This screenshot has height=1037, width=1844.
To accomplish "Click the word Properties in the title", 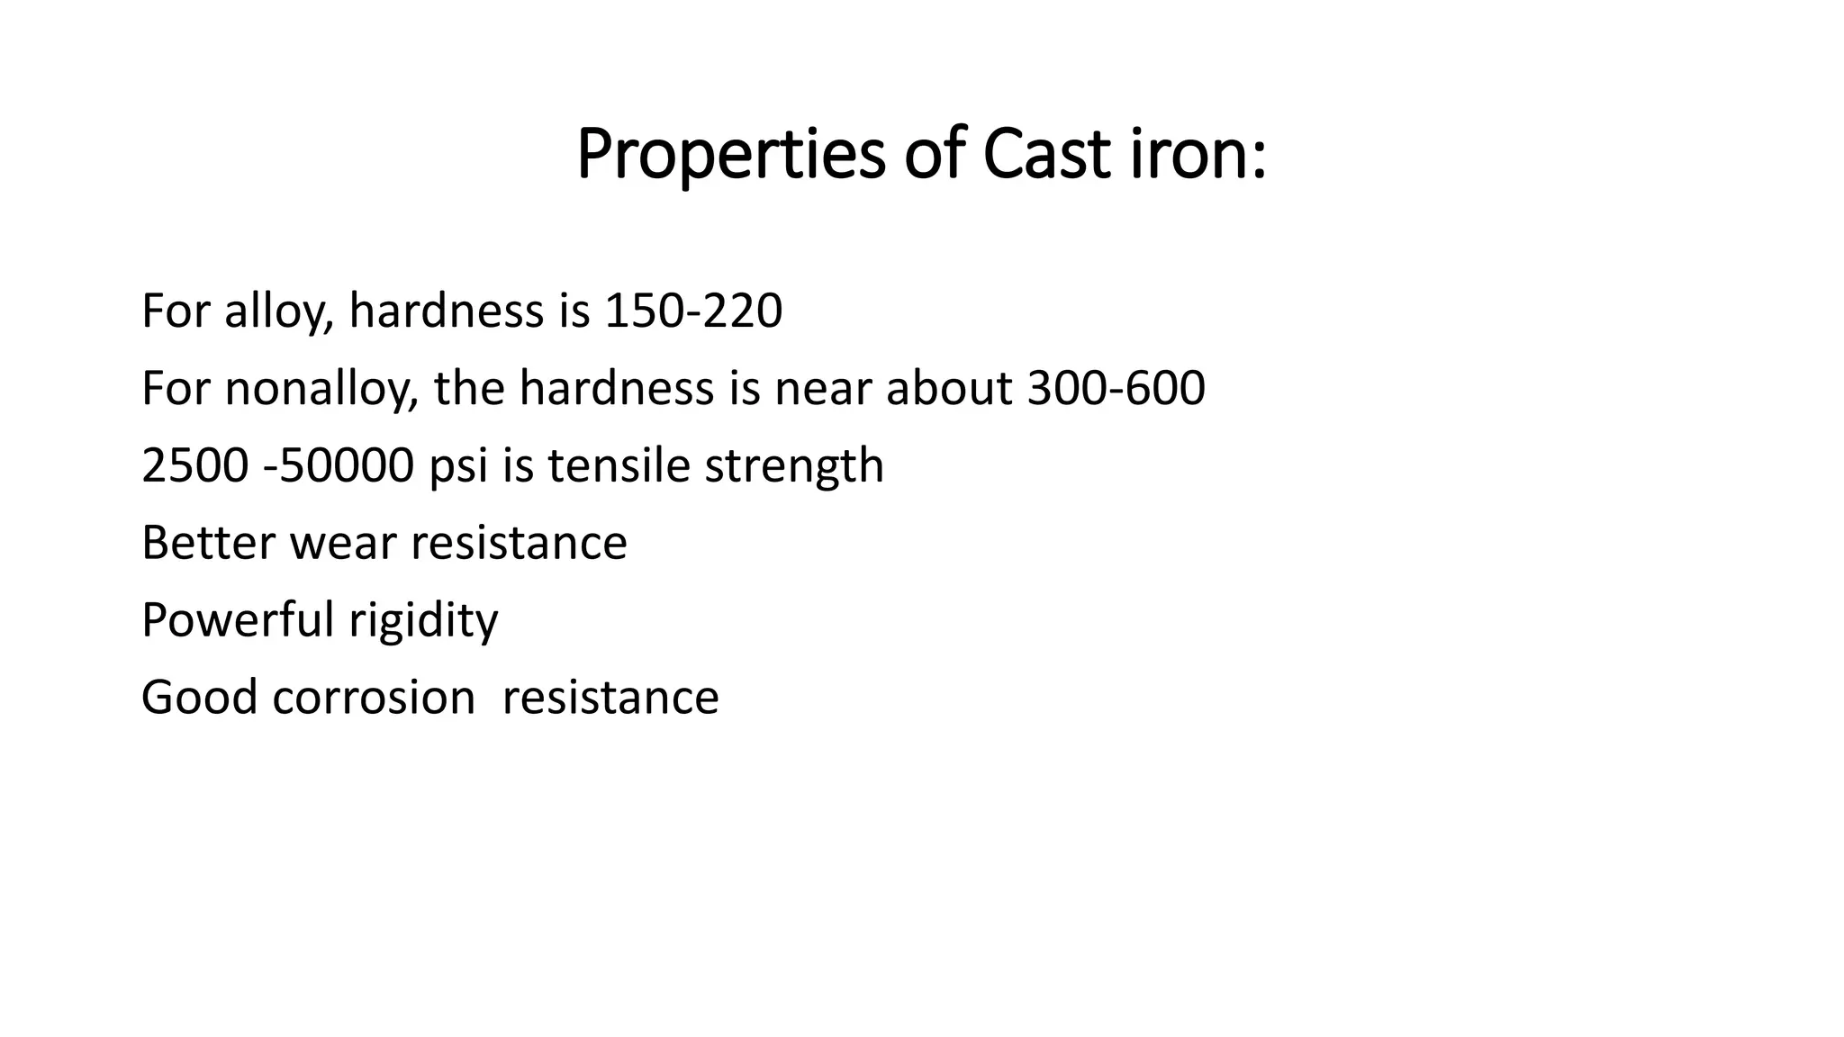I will pos(731,155).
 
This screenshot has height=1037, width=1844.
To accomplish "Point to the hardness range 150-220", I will pos(693,311).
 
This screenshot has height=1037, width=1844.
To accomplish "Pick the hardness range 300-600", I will pos(1116,389).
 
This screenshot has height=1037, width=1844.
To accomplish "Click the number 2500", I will pos(194,466).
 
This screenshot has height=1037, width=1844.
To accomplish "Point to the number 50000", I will pos(347,466).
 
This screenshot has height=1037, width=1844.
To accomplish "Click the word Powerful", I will pos(238,620).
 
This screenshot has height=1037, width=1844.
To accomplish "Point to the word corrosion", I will pos(373,698).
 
